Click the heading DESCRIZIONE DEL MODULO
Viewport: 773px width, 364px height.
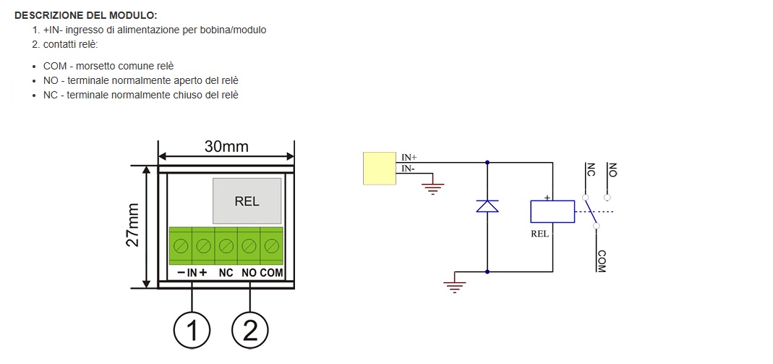coord(86,15)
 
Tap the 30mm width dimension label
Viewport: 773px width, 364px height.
coord(226,146)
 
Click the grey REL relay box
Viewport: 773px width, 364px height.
coord(247,201)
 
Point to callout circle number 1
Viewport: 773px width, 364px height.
coord(192,329)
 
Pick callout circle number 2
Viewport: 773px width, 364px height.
coord(250,329)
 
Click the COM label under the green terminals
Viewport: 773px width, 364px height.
coord(272,273)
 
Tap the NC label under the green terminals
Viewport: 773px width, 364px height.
coord(226,273)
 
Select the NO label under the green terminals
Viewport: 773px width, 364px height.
coord(249,273)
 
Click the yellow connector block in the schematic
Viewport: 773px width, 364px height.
coord(380,168)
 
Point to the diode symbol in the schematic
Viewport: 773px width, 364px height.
coord(487,206)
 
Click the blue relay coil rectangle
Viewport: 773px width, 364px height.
coord(552,211)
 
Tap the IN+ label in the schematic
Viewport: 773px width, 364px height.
coord(409,158)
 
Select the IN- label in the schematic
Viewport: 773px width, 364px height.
coord(408,169)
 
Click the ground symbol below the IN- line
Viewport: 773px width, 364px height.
coord(433,188)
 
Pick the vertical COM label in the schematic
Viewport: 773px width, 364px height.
coord(601,261)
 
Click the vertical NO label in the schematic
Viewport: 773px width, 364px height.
coord(612,169)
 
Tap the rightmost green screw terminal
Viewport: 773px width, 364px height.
coord(272,245)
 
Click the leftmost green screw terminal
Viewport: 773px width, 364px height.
coord(181,245)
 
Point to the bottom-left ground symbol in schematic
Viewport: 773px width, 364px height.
coord(454,285)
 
